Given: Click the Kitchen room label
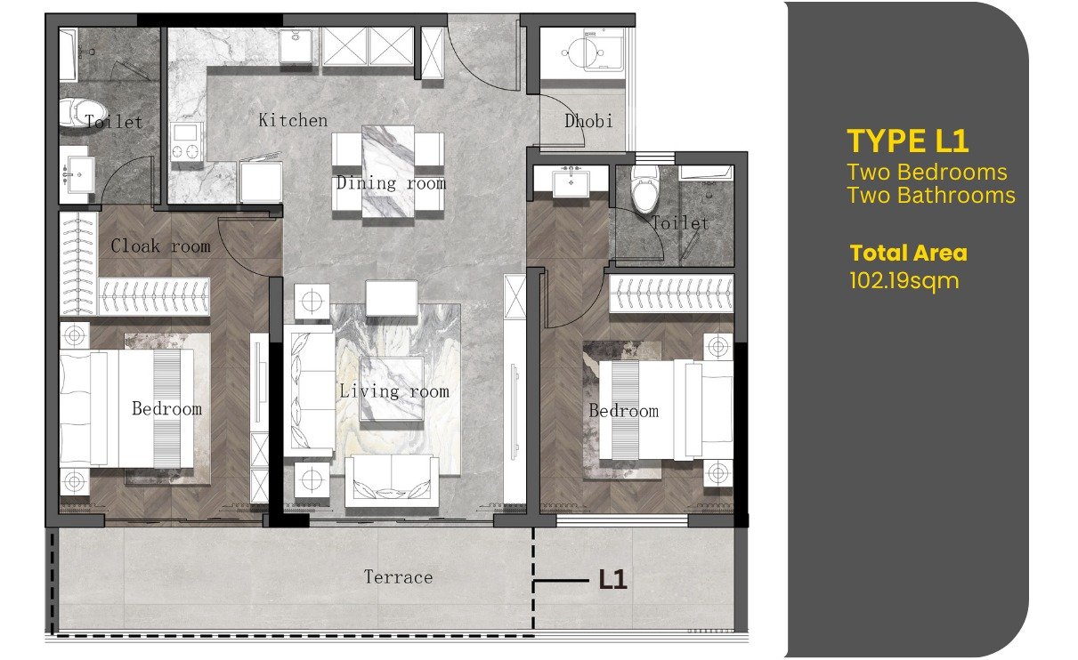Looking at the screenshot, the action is coord(293,120).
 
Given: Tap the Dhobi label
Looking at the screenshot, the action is coord(588,121).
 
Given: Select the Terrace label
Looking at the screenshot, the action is coord(398,576).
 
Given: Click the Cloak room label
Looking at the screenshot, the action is coord(161,245).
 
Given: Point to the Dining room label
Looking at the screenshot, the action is coord(391,183).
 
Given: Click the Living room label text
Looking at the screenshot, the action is coord(394,391).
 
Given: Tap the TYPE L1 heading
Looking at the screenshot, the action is coord(907,141).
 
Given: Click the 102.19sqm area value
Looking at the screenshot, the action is coord(904,281).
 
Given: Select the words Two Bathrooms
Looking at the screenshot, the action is coord(931,196).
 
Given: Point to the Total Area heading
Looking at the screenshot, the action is coord(909,253).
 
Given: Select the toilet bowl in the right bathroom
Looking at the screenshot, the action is coord(644,190).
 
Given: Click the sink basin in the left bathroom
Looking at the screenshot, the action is coord(77,173).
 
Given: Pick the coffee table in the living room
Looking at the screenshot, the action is coord(392,389).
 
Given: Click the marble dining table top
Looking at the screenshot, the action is coord(388,172).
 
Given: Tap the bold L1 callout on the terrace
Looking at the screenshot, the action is coord(612,580).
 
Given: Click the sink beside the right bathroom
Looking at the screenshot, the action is coord(571,181).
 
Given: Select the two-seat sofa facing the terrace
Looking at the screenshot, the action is coord(392,482).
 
